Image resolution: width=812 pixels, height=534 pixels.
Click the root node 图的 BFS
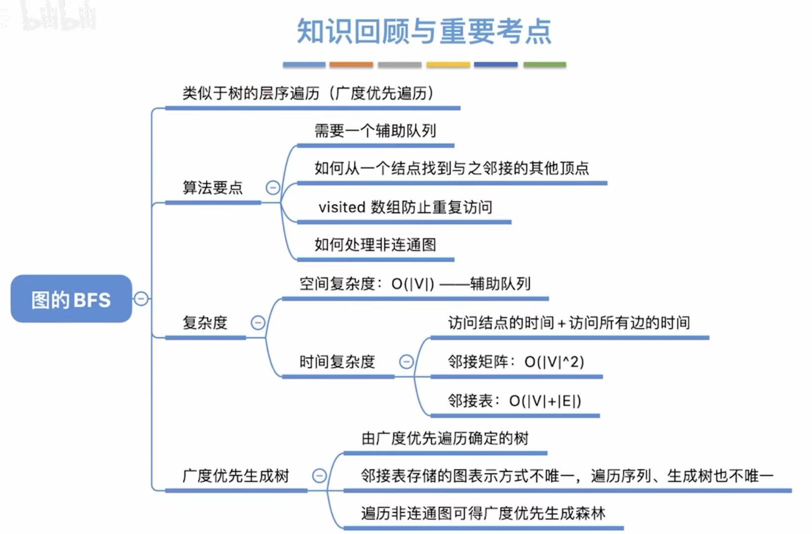click(x=71, y=299)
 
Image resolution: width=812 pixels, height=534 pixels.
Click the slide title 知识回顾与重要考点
click(x=424, y=31)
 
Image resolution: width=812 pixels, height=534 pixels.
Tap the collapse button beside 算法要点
click(x=273, y=188)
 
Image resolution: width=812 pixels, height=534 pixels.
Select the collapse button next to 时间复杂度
click(x=406, y=362)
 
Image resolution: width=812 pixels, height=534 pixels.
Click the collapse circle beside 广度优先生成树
click(x=319, y=476)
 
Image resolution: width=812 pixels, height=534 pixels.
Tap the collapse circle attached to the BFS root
click(x=141, y=299)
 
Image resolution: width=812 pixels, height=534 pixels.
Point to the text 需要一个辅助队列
click(x=375, y=131)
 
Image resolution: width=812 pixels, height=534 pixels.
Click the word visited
click(x=342, y=207)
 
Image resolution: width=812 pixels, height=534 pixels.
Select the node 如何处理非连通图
click(x=375, y=244)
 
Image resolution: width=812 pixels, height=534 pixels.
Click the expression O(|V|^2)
click(x=554, y=362)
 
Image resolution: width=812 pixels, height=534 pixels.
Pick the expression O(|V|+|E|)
click(x=545, y=400)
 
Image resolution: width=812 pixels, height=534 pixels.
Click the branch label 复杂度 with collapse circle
click(x=205, y=323)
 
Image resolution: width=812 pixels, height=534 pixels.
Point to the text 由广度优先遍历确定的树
click(x=445, y=438)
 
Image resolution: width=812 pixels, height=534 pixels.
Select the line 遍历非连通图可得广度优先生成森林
click(x=483, y=513)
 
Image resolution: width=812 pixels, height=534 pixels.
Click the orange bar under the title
click(x=351, y=65)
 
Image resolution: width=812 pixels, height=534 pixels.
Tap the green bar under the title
click(x=544, y=65)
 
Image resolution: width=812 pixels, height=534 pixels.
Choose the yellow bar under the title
click(x=448, y=65)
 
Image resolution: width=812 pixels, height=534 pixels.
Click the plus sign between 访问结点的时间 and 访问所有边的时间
click(x=561, y=324)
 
